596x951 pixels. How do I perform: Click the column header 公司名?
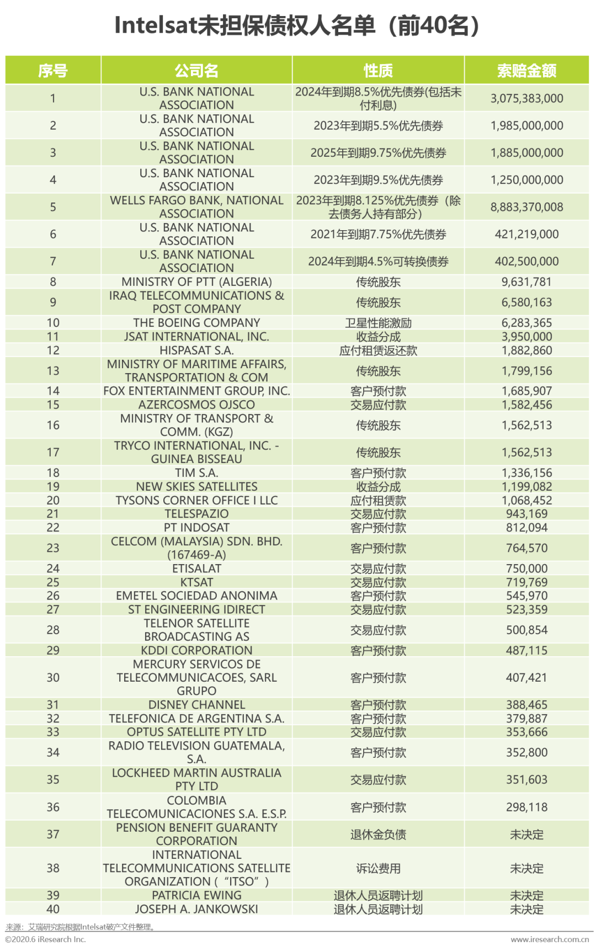(196, 71)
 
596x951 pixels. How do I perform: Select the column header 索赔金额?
(526, 71)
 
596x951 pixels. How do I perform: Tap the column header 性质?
(378, 71)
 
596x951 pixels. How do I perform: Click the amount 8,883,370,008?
(526, 207)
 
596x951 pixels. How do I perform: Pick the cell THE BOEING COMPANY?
(196, 323)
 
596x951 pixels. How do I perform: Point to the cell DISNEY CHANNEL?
(196, 705)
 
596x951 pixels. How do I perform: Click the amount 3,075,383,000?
(526, 98)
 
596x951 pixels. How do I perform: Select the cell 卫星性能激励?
(378, 323)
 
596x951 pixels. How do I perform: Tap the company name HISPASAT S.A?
(196, 350)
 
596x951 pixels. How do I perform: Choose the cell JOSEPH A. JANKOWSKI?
(196, 909)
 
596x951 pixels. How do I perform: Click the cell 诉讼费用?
(378, 868)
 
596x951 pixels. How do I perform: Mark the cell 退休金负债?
(378, 835)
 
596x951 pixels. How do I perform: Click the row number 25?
(53, 582)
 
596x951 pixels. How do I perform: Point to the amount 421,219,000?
(526, 234)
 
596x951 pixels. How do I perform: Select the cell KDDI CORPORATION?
(196, 650)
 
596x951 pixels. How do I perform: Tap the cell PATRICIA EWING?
(196, 895)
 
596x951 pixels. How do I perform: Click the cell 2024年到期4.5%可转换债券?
(378, 261)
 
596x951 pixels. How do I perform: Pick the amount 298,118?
(526, 807)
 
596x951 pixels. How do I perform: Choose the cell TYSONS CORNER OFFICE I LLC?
(196, 500)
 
